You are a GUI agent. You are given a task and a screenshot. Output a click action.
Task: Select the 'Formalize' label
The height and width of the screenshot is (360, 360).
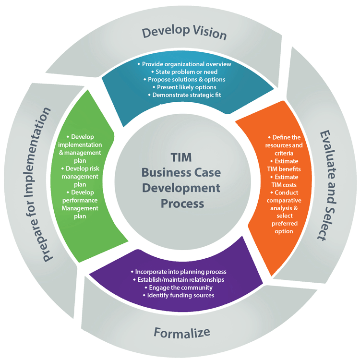(x=182, y=332)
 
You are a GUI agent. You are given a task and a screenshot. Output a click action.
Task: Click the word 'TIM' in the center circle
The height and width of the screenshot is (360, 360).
(x=182, y=157)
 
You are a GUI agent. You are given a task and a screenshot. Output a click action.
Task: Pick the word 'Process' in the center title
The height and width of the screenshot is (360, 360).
(x=182, y=203)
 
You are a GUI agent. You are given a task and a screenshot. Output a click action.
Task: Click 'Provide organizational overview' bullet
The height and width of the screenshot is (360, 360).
(x=184, y=64)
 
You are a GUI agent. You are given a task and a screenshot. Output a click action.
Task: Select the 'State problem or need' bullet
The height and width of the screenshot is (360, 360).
(x=184, y=72)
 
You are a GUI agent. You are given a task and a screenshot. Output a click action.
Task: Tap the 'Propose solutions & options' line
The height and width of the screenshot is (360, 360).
(x=184, y=79)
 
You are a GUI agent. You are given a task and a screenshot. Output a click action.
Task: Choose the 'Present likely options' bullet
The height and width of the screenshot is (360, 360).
(x=184, y=87)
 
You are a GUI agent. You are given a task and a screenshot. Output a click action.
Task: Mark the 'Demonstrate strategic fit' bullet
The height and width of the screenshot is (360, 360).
(x=184, y=95)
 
